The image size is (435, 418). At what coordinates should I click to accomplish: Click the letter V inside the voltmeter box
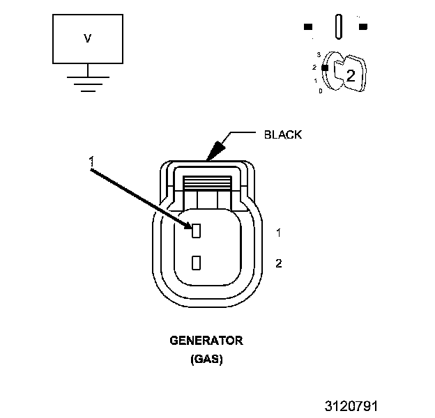click(x=87, y=39)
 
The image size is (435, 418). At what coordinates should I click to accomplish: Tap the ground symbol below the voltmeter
click(x=87, y=84)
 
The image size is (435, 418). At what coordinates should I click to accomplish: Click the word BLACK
click(x=283, y=134)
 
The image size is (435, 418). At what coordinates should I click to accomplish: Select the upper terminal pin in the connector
click(x=197, y=230)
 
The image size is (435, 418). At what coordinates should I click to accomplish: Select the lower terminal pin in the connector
click(x=197, y=263)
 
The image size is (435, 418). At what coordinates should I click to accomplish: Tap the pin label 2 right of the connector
click(x=278, y=263)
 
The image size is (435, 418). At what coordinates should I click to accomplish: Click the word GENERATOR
click(x=206, y=341)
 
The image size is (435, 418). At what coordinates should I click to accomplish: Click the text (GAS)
click(x=206, y=360)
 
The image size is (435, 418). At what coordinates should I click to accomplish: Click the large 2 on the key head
click(x=351, y=76)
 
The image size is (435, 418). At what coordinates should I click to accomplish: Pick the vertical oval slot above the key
click(x=338, y=26)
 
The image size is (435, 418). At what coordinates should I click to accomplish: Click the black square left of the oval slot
click(x=307, y=27)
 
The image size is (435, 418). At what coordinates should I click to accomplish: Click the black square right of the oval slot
click(x=363, y=27)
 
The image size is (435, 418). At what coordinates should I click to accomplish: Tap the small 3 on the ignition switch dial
click(x=319, y=54)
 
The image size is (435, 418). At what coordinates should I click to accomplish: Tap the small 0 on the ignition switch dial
click(x=320, y=91)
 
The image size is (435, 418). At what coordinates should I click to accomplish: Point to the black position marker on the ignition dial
click(x=324, y=67)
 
